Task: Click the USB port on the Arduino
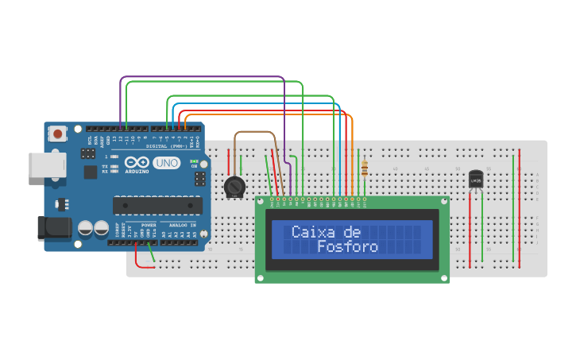pyautogui.click(x=46, y=165)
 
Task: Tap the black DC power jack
pyautogui.click(x=54, y=227)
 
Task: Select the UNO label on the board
pyautogui.click(x=166, y=163)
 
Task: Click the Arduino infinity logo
pyautogui.click(x=136, y=161)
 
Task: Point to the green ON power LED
pyautogui.click(x=193, y=161)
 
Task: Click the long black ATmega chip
pyautogui.click(x=157, y=205)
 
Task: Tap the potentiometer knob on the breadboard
pyautogui.click(x=234, y=187)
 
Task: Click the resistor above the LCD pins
pyautogui.click(x=365, y=168)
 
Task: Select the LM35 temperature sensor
pyautogui.click(x=476, y=180)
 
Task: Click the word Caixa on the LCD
pyautogui.click(x=314, y=232)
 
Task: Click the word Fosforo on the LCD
pyautogui.click(x=348, y=247)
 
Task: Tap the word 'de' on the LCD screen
pyautogui.click(x=354, y=232)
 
